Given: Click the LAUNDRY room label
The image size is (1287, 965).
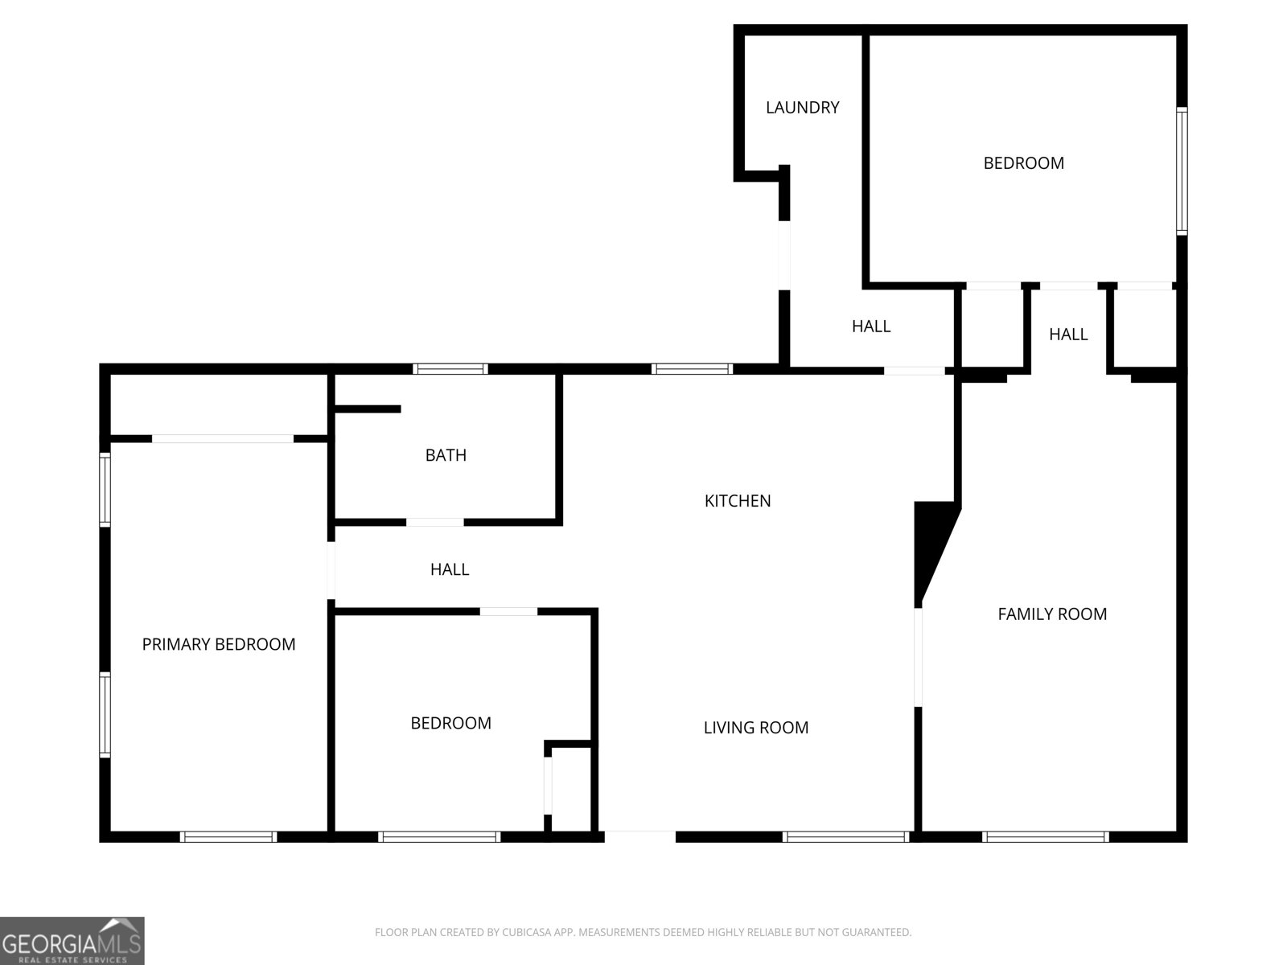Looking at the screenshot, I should pos(802,107).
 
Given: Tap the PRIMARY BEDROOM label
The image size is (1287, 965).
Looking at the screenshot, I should pos(218,644).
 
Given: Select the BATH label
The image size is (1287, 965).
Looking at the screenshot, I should pos(446,455).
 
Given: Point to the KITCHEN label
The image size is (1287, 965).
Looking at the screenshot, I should pos(738,501).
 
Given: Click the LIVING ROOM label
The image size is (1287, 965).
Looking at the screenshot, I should pos(756,728).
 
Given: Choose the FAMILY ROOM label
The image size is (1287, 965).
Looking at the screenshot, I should pos(1052,614).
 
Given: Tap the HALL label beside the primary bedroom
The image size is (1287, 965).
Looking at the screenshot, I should pos(450,569).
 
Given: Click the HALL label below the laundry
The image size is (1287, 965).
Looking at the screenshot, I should pos(871,326).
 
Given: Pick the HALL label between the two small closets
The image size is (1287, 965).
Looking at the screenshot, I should pos(1068,335).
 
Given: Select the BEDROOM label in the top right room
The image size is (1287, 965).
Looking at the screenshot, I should pos(1023,163).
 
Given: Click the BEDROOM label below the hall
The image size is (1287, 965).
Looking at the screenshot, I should pos(450,723).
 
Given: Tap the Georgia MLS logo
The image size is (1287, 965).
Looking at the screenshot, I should pos(72,940).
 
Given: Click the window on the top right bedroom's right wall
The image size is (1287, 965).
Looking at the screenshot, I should pos(1182,170).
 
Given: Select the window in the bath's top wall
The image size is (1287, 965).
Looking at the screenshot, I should pos(450,369).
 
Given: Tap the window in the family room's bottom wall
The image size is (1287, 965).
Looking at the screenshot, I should pos(1045,837).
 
